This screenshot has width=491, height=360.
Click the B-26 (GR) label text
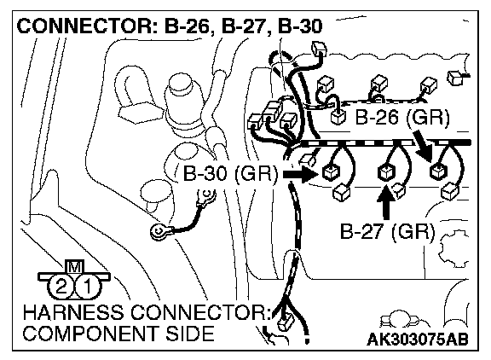click(402, 118)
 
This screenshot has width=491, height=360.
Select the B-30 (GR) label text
click(230, 173)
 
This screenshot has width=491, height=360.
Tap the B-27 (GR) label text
click(388, 232)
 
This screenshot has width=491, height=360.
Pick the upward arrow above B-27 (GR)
click(386, 202)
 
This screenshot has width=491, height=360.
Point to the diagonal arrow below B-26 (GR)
click(423, 146)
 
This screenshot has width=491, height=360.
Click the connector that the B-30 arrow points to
click(331, 172)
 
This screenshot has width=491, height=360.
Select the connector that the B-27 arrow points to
click(386, 172)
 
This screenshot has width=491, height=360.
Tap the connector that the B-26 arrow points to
click(439, 171)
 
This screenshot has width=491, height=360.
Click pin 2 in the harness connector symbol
click(61, 286)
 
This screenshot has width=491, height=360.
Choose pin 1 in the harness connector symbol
click(88, 286)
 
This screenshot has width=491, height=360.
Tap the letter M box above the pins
click(74, 267)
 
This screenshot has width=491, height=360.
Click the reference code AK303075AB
click(418, 339)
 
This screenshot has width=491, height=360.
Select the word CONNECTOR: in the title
click(84, 26)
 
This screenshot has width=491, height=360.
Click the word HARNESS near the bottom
click(73, 312)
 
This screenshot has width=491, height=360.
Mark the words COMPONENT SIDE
click(118, 334)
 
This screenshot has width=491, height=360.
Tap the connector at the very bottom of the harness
click(286, 322)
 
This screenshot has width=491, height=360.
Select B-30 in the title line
click(300, 26)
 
